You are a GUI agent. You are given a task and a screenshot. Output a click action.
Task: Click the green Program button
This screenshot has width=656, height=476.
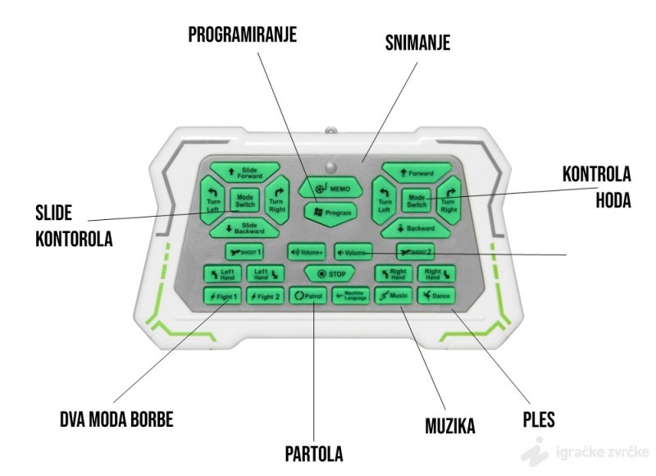pyautogui.click(x=330, y=212)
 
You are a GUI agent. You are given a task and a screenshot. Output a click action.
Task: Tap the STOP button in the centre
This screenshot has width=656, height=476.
pyautogui.click(x=329, y=273)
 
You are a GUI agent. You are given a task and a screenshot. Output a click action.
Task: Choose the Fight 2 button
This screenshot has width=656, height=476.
pyautogui.click(x=265, y=295)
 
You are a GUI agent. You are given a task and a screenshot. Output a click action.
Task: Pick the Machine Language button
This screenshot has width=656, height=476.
pyautogui.click(x=351, y=295)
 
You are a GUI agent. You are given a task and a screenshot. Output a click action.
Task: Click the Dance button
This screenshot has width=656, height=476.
pyautogui.click(x=437, y=295)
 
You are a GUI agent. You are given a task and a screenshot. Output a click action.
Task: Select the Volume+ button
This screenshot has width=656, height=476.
pyautogui.click(x=306, y=251)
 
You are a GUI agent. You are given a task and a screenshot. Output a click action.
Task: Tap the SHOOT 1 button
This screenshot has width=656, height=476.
pyautogui.click(x=244, y=251)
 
